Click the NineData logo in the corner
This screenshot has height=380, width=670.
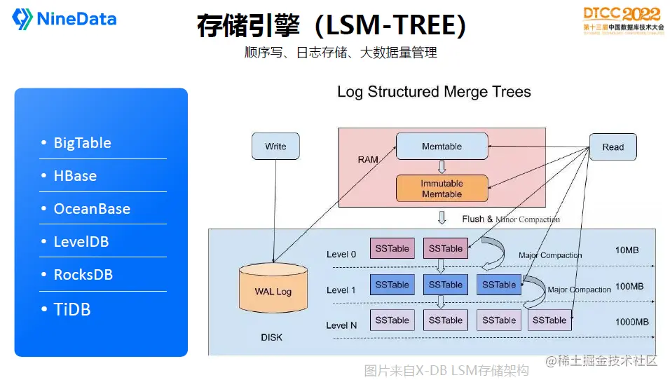(65, 19)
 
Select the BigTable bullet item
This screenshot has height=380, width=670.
(82, 143)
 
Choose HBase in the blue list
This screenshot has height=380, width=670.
(75, 176)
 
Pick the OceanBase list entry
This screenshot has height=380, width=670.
(92, 209)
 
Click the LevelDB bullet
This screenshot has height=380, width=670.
(81, 242)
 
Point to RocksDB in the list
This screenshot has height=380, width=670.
(83, 275)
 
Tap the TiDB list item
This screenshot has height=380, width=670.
(72, 309)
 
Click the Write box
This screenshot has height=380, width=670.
(275, 147)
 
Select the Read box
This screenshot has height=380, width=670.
(613, 147)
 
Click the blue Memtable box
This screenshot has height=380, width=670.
(442, 147)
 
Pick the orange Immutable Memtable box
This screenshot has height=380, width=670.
(442, 189)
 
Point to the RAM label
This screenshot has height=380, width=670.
(368, 160)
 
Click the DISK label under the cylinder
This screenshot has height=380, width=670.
(271, 337)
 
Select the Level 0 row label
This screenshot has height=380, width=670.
(341, 254)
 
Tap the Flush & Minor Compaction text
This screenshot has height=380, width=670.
(511, 219)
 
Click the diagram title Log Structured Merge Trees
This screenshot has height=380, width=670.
(434, 92)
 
